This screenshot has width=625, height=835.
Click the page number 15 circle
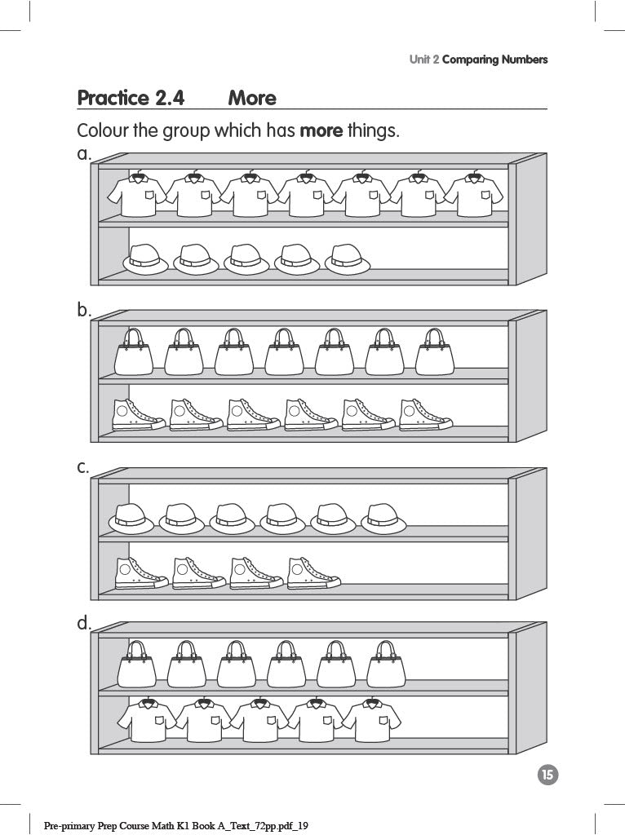(548, 775)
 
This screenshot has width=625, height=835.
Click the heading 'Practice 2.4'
(131, 99)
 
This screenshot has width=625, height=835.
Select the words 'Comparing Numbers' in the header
(494, 60)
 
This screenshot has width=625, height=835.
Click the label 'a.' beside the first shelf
(84, 153)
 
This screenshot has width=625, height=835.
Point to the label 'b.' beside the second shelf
(84, 310)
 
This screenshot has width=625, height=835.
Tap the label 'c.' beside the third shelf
(83, 467)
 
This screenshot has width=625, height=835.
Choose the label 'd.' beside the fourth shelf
(84, 624)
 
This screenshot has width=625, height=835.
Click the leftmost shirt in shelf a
(138, 196)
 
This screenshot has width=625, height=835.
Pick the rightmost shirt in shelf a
(475, 196)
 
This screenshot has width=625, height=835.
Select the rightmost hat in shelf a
(348, 258)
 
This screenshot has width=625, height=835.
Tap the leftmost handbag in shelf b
(134, 353)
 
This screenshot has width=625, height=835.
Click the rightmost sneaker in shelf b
(425, 415)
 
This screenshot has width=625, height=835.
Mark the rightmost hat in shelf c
(383, 519)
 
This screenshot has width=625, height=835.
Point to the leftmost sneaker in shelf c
(140, 573)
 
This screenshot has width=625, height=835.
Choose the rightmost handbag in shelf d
(386, 665)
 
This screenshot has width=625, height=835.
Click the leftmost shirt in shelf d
(147, 720)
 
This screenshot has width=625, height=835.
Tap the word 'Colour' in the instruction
(102, 130)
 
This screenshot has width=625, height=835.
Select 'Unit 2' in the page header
(423, 60)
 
